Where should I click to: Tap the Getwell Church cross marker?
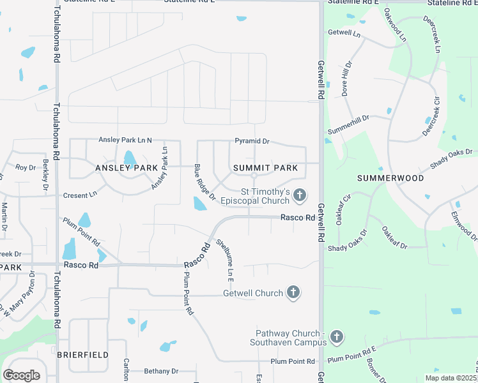pos(293,293)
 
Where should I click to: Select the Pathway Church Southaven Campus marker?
pos(337,336)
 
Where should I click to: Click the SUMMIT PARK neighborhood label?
pos(265,168)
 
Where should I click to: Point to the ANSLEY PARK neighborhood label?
pos(127,168)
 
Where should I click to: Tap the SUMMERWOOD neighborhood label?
pos(390,178)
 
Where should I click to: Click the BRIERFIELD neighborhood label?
pos(82,354)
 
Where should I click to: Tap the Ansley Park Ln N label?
pos(125,140)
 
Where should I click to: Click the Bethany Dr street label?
pos(160,371)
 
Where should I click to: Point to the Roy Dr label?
pos(26,167)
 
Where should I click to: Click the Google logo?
pos(21,375)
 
